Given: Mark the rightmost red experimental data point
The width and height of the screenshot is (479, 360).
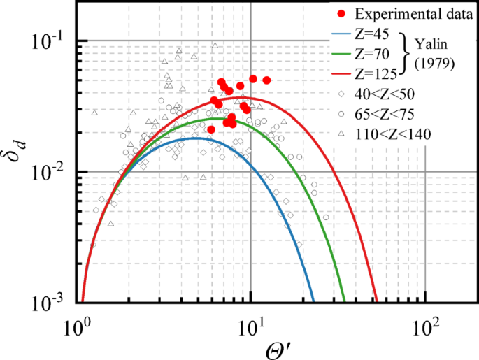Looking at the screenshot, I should pos(266,80).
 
